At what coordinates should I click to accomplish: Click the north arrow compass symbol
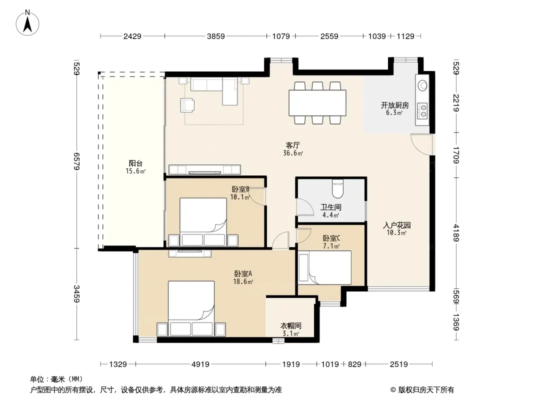pyautogui.click(x=27, y=23)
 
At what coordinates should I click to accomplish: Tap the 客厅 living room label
pyautogui.click(x=292, y=145)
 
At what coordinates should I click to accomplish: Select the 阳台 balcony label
pyautogui.click(x=135, y=163)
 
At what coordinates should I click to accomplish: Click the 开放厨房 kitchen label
pyautogui.click(x=394, y=105)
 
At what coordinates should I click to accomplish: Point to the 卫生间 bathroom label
pyautogui.click(x=330, y=207)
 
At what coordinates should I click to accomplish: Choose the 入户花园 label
pyautogui.click(x=396, y=225)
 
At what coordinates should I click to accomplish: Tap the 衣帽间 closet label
pyautogui.click(x=290, y=326)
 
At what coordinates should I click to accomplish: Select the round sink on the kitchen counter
pyautogui.click(x=422, y=85)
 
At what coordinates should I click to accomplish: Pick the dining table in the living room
pyautogui.click(x=317, y=102)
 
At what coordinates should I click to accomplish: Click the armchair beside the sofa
pyautogui.click(x=187, y=104)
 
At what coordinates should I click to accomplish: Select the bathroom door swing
pyautogui.click(x=305, y=206)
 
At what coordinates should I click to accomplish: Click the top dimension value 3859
pyautogui.click(x=216, y=36)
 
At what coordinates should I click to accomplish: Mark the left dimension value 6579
pyautogui.click(x=77, y=161)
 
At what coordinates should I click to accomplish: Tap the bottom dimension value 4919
pyautogui.click(x=200, y=364)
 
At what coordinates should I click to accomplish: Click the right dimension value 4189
pyautogui.click(x=456, y=233)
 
